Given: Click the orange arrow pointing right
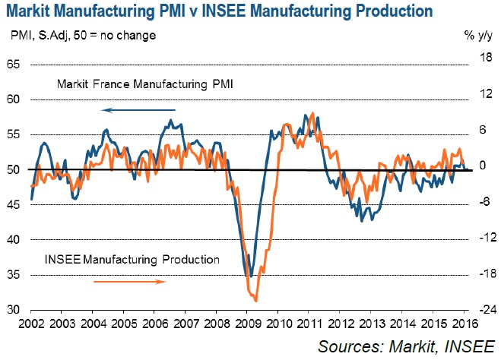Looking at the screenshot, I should (x=130, y=281).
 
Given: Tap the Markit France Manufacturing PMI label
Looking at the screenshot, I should (x=144, y=84).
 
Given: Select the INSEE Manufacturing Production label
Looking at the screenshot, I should (x=133, y=260).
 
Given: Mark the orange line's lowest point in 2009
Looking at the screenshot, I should (x=255, y=300).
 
